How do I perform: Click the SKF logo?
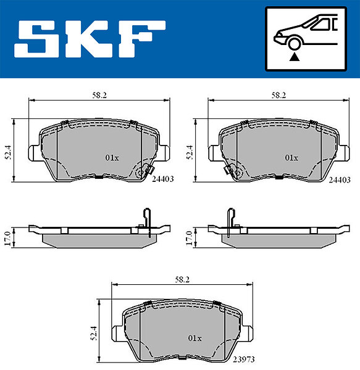click(90, 39)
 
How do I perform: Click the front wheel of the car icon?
click(295, 44)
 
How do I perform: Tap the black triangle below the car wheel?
click(295, 57)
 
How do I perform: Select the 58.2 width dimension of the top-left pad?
click(99, 96)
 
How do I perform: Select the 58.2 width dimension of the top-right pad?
click(278, 96)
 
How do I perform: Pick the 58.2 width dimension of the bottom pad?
click(182, 279)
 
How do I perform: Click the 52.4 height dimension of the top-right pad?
click(190, 152)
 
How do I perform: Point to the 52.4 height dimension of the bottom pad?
click(94, 333)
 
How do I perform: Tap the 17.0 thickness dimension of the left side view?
click(7, 238)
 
